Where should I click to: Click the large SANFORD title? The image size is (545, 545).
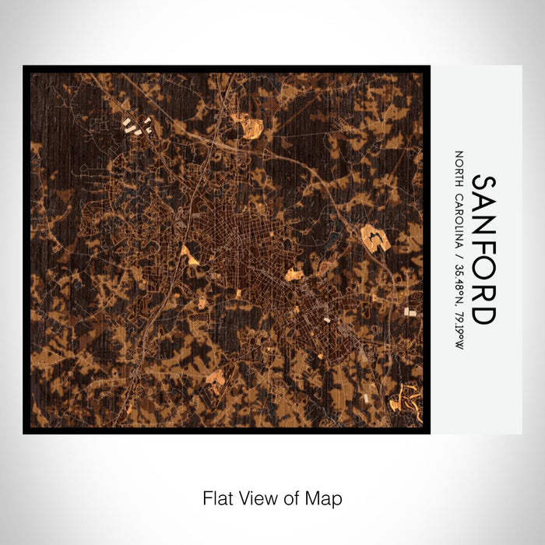[x=483, y=249]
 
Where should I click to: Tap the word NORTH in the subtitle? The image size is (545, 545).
[x=459, y=167]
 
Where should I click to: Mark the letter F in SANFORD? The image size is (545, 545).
[x=483, y=248]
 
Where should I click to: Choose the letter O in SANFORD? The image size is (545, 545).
[x=483, y=269]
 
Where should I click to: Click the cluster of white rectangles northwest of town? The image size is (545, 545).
[x=135, y=126]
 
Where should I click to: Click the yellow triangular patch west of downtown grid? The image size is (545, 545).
[x=189, y=254]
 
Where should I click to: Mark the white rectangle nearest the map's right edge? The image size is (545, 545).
[x=410, y=312]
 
